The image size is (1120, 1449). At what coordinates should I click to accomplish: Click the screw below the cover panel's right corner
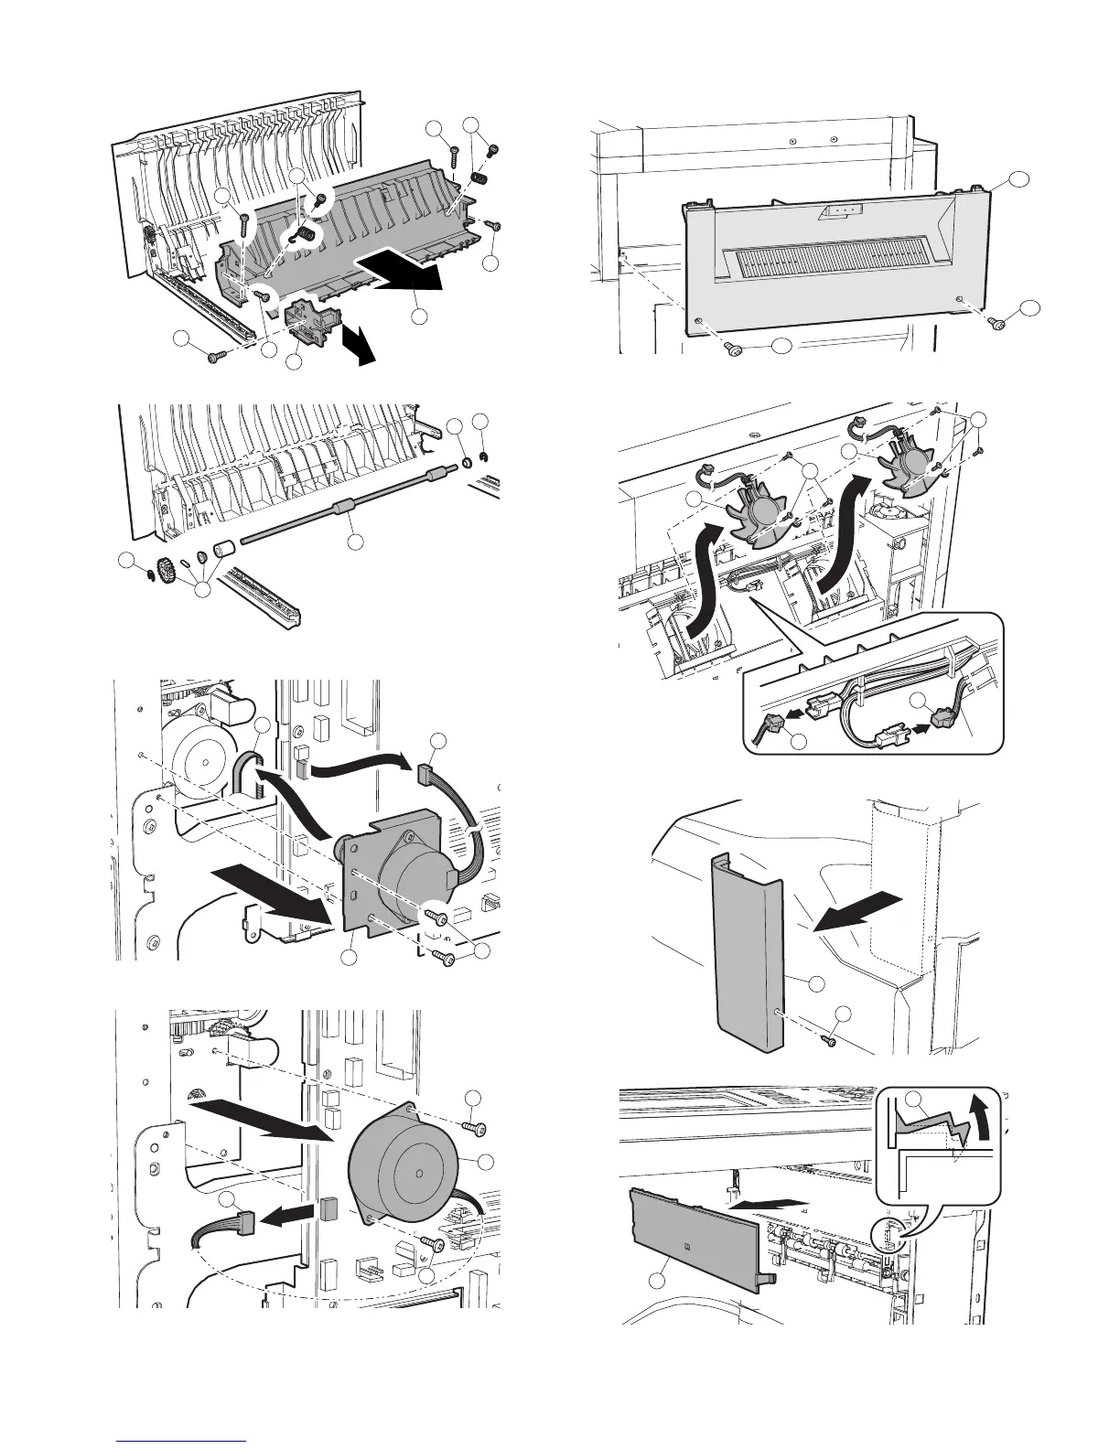point(998,321)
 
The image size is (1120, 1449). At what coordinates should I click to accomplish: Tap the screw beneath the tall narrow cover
point(832,1039)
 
